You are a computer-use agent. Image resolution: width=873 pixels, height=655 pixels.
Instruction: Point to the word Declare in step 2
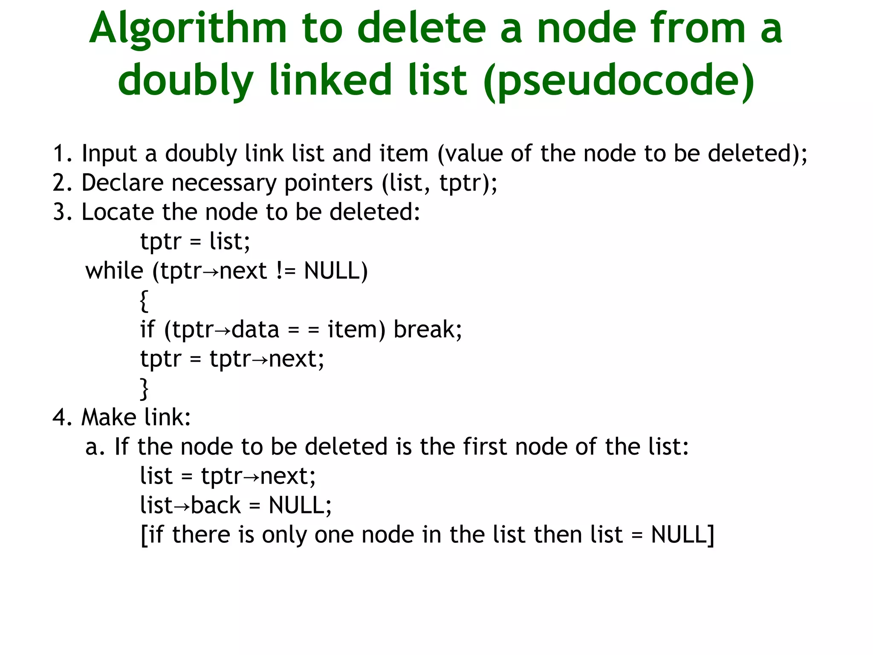coord(122,183)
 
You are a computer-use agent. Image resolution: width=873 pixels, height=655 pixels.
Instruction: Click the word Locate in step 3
coord(118,212)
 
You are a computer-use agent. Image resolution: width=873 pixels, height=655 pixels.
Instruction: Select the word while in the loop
coord(114,271)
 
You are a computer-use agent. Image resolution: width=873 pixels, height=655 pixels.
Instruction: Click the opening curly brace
coord(144,301)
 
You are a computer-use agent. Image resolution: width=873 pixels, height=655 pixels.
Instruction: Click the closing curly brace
coord(144,388)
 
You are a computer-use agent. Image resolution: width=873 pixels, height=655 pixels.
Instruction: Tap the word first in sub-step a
coord(485,447)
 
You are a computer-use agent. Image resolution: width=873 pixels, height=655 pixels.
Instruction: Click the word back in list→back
coord(216,506)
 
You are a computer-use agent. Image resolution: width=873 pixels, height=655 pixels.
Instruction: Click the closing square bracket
coord(710,535)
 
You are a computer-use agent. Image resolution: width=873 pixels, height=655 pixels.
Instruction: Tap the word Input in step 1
coord(109,154)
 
